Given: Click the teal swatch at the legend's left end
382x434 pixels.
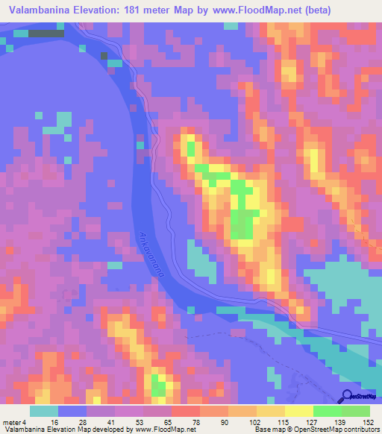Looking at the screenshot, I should click(x=44, y=411).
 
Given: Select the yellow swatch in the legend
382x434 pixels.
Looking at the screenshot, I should click(x=298, y=411).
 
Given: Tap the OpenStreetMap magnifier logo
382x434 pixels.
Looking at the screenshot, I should click(x=347, y=396).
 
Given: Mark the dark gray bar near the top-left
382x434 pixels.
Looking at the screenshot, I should click(x=46, y=34).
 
